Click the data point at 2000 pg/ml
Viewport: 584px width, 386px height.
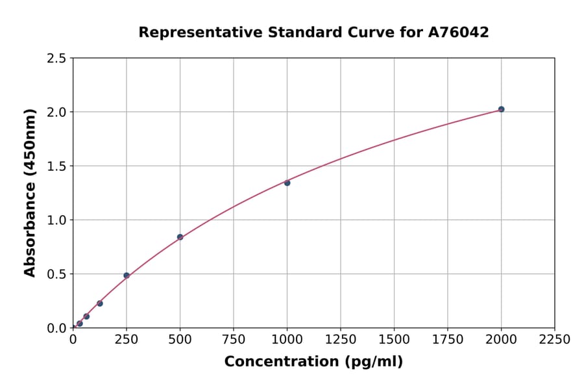[501, 109]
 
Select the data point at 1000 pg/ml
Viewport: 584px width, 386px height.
[287, 183]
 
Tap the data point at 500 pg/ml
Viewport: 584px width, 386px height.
[180, 237]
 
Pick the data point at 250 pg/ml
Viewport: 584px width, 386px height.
[127, 276]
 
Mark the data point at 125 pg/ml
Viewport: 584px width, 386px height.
[100, 303]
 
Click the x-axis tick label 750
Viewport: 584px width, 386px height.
[234, 340]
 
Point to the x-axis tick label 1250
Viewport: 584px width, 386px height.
[341, 340]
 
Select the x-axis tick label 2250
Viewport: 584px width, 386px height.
[555, 340]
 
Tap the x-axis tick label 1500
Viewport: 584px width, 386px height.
[394, 340]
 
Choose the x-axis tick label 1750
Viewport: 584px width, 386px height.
[448, 340]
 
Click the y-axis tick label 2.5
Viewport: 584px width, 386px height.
[56, 58]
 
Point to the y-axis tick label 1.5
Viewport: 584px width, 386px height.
[56, 166]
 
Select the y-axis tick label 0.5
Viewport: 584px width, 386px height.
[56, 274]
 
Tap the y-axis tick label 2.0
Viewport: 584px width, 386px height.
[56, 112]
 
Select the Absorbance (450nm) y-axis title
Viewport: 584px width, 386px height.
[30, 193]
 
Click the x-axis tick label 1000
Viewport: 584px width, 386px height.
[287, 340]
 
